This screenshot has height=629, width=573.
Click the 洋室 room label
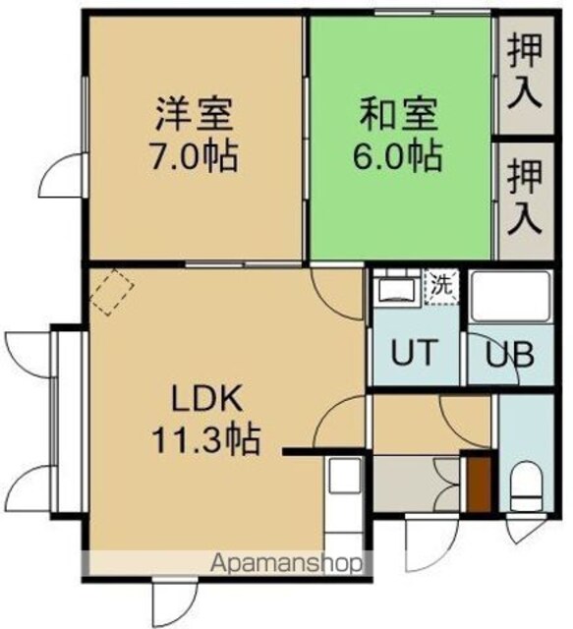click(195, 114)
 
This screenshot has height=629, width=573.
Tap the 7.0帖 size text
click(194, 155)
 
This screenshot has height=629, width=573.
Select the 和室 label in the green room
click(398, 114)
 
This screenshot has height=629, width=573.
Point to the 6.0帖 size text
click(397, 155)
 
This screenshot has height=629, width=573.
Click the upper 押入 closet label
click(525, 71)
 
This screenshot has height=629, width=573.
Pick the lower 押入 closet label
click(525, 197)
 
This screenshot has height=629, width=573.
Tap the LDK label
click(207, 398)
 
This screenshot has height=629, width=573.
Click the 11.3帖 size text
click(204, 439)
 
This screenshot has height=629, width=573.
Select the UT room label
click(414, 352)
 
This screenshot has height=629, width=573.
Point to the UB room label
click(509, 354)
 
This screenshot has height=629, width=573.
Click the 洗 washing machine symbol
click(441, 287)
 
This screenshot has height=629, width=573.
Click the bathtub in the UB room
click(511, 296)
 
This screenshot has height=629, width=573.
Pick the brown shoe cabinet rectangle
click(479, 484)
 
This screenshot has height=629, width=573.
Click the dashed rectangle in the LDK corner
click(111, 291)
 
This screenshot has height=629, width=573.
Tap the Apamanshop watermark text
click(286, 564)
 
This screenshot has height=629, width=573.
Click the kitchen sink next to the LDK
click(344, 476)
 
